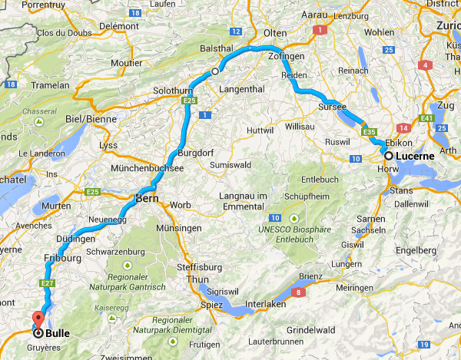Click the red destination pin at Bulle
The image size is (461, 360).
point(35,319)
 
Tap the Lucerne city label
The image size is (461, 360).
point(415,156)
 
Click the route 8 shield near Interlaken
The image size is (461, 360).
point(297,292)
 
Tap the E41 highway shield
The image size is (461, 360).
point(427,119)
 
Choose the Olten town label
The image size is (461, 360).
point(274,34)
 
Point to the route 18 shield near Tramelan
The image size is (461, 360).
point(10,84)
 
